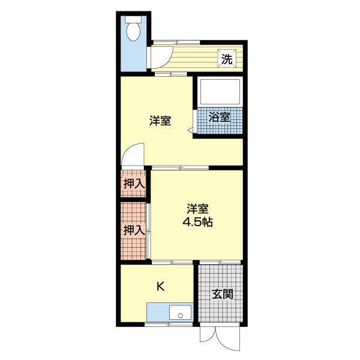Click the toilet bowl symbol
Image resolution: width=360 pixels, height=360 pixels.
coord(133,27)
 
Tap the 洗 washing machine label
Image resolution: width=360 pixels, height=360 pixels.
coord(227,59)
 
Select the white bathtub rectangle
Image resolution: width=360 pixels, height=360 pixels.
coord(220,92)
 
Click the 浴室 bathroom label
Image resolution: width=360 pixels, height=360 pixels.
coord(220,117)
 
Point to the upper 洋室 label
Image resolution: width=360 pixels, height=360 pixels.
coord(160,121)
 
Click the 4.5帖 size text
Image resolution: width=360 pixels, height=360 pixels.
coord(197,221)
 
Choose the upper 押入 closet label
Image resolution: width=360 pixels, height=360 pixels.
coord(134,184)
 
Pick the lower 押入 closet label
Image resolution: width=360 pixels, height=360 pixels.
coord(134,230)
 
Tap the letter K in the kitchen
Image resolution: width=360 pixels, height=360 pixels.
coord(160,286)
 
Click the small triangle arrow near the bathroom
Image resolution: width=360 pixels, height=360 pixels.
coord(190,130)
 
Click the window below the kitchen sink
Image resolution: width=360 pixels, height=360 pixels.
coord(170,325)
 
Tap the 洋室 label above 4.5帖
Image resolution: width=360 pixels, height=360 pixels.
coord(197,209)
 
